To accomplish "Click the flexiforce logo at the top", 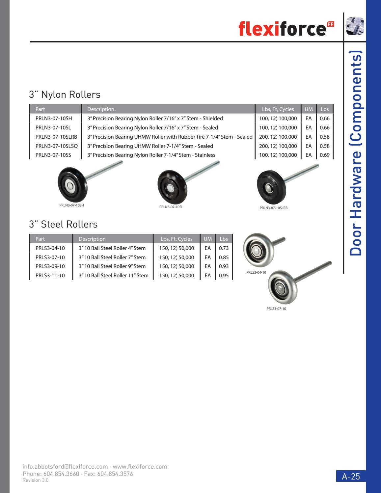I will click(286, 29).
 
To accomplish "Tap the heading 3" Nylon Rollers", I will click(65, 95).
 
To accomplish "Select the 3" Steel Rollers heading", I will click(63, 224).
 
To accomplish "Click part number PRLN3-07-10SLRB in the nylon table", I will click(56, 137).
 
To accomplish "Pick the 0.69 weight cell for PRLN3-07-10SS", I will click(324, 155).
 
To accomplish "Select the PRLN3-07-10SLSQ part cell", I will click(56, 146).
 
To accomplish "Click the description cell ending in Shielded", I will click(155, 118).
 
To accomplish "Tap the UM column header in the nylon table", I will click(309, 109).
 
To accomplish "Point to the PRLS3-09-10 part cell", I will click(50, 266).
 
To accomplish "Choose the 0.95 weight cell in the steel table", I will click(224, 275).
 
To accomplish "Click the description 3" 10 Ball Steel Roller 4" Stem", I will click(112, 248).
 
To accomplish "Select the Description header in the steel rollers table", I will click(92, 239).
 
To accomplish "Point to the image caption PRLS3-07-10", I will click(276, 309).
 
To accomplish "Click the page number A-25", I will click(351, 476).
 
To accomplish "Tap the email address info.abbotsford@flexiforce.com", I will click(65, 466).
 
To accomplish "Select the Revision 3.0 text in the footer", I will click(35, 480).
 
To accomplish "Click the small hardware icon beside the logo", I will click(355, 26).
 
